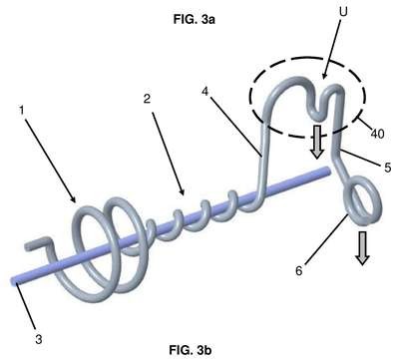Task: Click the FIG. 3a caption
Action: tap(195, 20)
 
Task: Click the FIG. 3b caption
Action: tap(191, 350)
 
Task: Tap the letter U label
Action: tap(343, 12)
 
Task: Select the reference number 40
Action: tap(377, 134)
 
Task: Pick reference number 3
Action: tap(39, 339)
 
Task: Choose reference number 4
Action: tap(204, 91)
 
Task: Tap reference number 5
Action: tap(388, 168)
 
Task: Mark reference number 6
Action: tap(299, 271)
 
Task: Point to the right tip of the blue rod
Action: tap(329, 171)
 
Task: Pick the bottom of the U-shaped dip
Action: tap(318, 118)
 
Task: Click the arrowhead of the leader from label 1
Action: tap(74, 200)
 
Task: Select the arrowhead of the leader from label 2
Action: tap(183, 192)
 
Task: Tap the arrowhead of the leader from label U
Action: tap(323, 77)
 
